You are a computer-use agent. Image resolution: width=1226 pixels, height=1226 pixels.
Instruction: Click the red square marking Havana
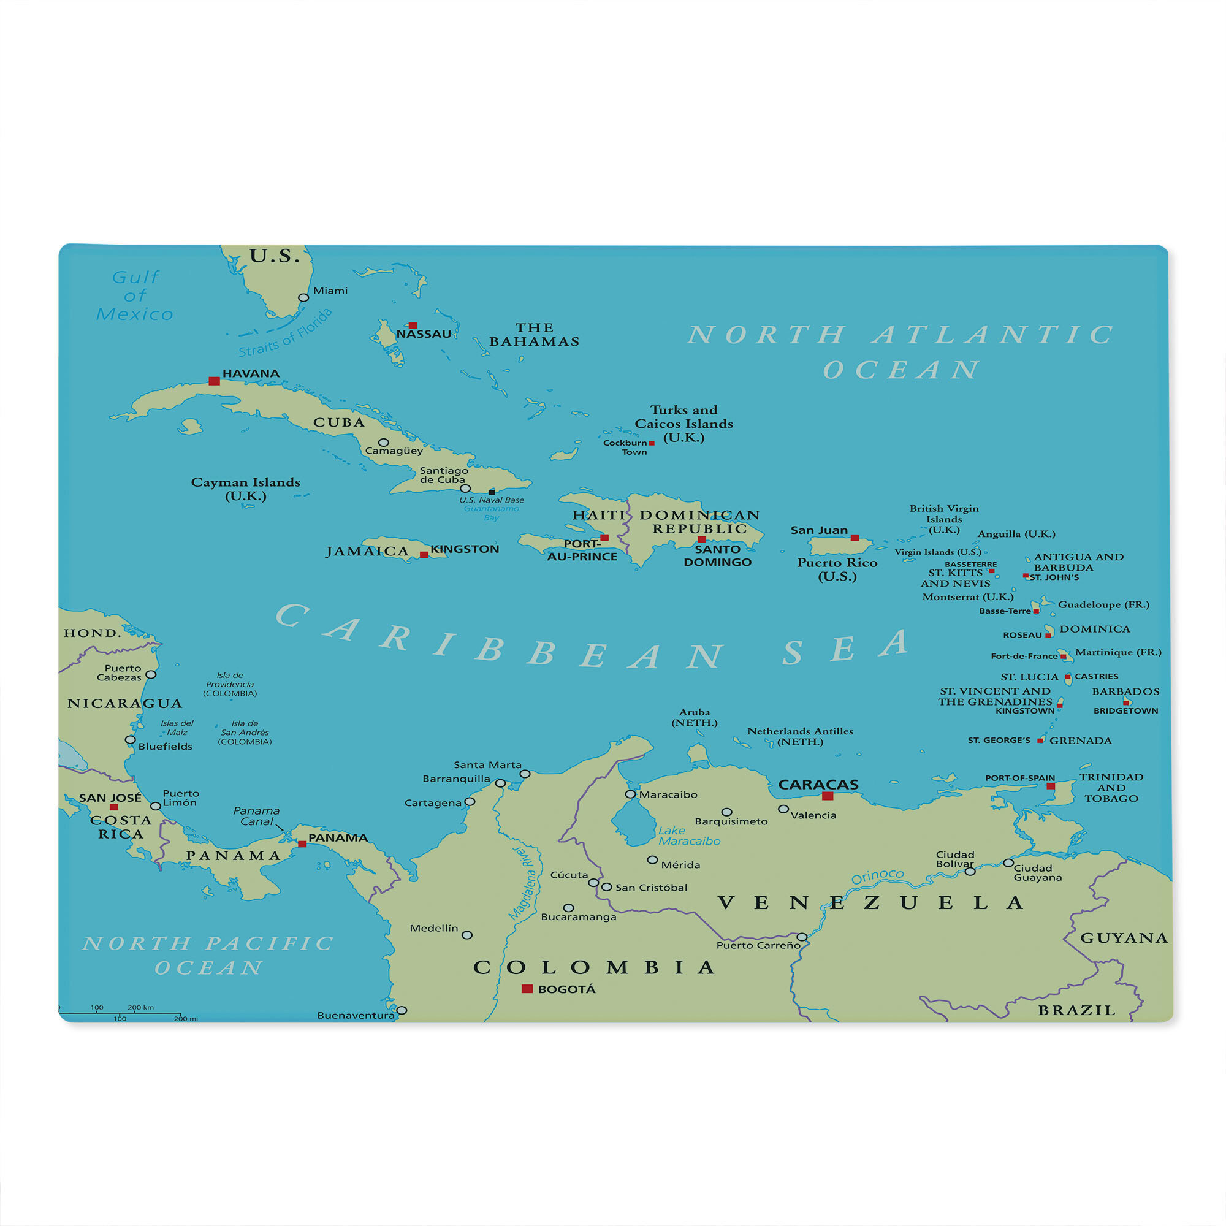click(x=215, y=381)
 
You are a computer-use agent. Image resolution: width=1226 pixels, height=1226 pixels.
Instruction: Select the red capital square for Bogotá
click(x=527, y=989)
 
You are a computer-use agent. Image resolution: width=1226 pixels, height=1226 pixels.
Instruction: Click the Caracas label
click(x=818, y=785)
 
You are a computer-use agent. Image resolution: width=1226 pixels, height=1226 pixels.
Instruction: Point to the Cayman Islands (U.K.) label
click(x=246, y=489)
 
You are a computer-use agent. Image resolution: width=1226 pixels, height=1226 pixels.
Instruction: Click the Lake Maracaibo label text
click(x=689, y=836)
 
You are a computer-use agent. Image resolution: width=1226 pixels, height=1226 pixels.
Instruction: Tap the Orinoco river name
click(x=877, y=877)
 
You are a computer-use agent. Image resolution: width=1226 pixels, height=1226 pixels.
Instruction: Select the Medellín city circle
click(x=467, y=935)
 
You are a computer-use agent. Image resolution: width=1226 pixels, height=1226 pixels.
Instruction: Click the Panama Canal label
click(x=256, y=816)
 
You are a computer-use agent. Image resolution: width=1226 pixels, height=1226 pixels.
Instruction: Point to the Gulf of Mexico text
click(x=134, y=295)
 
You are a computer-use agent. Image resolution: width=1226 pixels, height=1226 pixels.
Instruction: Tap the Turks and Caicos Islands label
click(x=683, y=423)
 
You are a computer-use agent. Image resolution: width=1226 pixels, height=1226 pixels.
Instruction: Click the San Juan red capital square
click(x=855, y=538)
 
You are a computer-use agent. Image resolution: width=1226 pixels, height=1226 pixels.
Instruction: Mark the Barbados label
click(x=1125, y=691)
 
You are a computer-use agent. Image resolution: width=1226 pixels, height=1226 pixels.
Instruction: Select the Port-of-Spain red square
click(x=1051, y=786)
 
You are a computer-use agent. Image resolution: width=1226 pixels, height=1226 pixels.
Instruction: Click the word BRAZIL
click(x=1076, y=1010)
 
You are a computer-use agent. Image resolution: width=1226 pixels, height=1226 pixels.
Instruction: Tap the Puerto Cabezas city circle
click(x=151, y=674)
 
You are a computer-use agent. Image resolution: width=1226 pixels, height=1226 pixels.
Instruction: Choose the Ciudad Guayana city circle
click(x=1008, y=862)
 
